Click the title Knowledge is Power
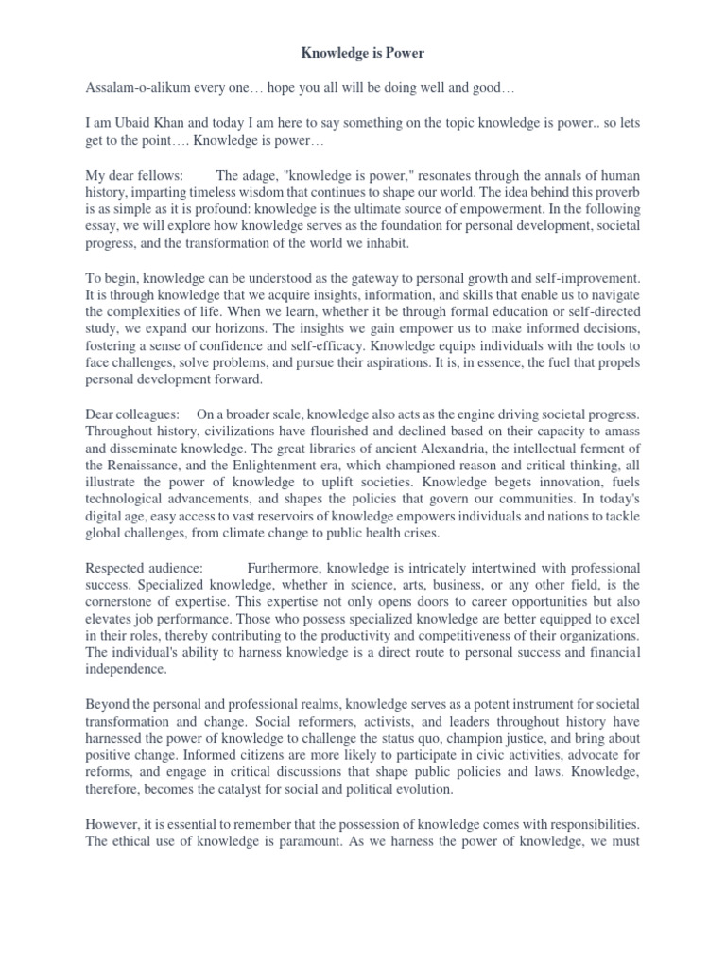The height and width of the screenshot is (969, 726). [363, 53]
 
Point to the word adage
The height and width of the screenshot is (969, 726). [266, 176]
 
